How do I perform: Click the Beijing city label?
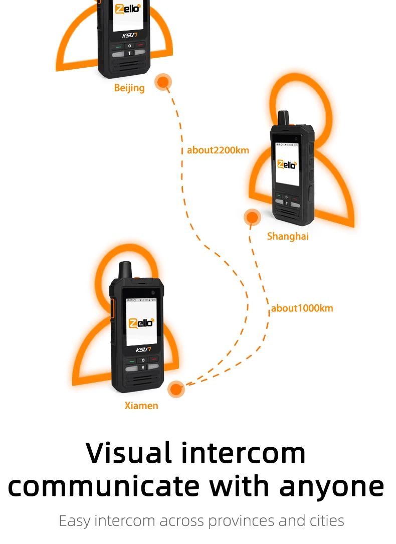coord(129,88)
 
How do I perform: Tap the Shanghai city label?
coord(288,236)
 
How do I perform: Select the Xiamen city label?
coord(141,406)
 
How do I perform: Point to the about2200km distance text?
coord(218,150)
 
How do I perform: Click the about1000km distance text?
coord(302,308)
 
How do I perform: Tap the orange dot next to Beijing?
coord(163,82)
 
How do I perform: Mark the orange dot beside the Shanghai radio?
coord(252,218)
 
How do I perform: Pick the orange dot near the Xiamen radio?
coord(176,389)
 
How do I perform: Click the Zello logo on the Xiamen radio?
coord(141,323)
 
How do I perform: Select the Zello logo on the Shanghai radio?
coord(287,164)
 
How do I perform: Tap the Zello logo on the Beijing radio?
coord(128,9)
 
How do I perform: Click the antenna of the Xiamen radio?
coord(125,270)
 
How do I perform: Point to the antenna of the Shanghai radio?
coord(284,118)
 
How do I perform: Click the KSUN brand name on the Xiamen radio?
coord(143,349)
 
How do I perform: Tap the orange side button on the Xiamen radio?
coord(112,308)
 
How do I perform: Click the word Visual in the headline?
coord(129,453)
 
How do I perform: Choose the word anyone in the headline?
coord(332,487)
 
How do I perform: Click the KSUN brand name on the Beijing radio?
coord(130,35)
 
